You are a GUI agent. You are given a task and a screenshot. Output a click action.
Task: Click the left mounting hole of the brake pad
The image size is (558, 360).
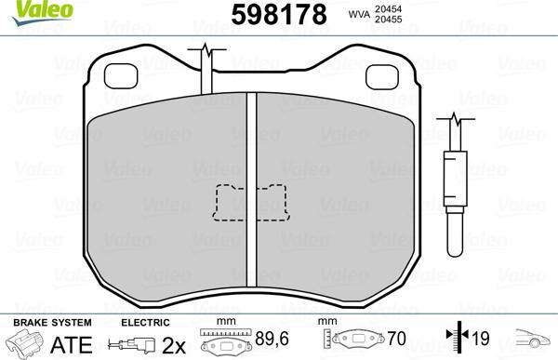coord(121,74)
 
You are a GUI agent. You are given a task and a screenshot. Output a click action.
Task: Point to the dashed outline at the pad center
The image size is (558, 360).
coord(250,203)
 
